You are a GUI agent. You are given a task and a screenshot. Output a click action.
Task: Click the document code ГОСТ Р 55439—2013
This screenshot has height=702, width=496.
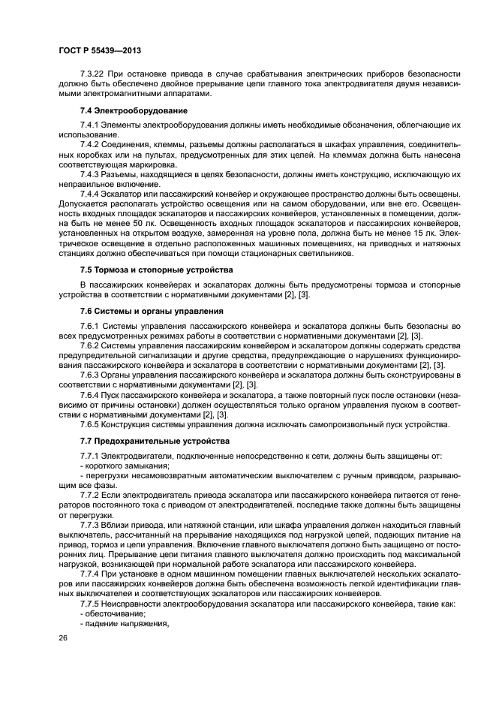(x=99, y=50)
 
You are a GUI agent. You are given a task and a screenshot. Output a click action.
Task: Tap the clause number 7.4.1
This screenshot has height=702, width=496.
(x=90, y=123)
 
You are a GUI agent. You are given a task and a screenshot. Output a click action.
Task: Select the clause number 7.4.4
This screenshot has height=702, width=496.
(x=90, y=193)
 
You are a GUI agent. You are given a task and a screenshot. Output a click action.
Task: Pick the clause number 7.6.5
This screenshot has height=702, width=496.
(x=90, y=425)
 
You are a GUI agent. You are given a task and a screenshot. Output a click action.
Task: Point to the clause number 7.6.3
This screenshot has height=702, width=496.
(x=90, y=373)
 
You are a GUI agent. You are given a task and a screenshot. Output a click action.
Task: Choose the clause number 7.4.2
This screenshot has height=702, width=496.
(x=90, y=143)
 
